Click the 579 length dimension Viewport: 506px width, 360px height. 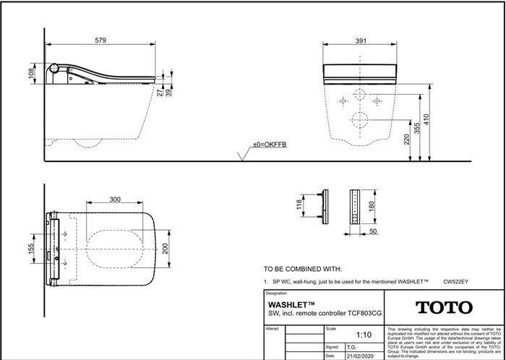pyautogui.click(x=100, y=40)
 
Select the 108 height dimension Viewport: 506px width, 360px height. pyautogui.click(x=30, y=74)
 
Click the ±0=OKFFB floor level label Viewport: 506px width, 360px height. pyautogui.click(x=269, y=145)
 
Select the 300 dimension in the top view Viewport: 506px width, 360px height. pyautogui.click(x=115, y=198)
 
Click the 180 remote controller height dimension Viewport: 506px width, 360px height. pyautogui.click(x=372, y=205)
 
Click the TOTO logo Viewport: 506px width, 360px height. pyautogui.click(x=443, y=307)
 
